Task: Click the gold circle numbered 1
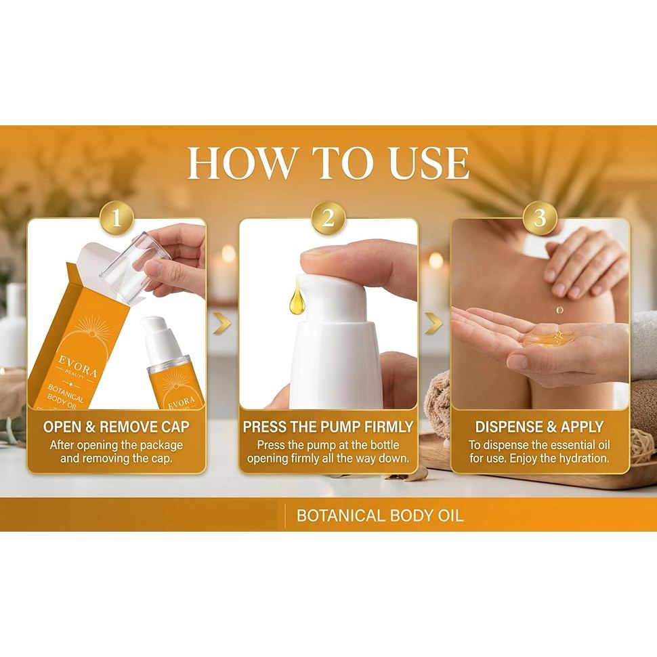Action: (116, 218)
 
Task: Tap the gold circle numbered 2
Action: (328, 218)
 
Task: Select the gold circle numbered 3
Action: (540, 218)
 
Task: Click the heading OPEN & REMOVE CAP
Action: (116, 427)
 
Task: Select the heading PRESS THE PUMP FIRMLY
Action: (328, 427)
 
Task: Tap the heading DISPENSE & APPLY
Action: (540, 427)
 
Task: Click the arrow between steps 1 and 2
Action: (222, 324)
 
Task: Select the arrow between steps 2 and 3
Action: (433, 324)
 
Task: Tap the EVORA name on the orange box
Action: (78, 365)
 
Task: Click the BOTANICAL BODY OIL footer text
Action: (380, 515)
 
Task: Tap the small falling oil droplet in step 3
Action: (559, 310)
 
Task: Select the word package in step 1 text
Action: (161, 445)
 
